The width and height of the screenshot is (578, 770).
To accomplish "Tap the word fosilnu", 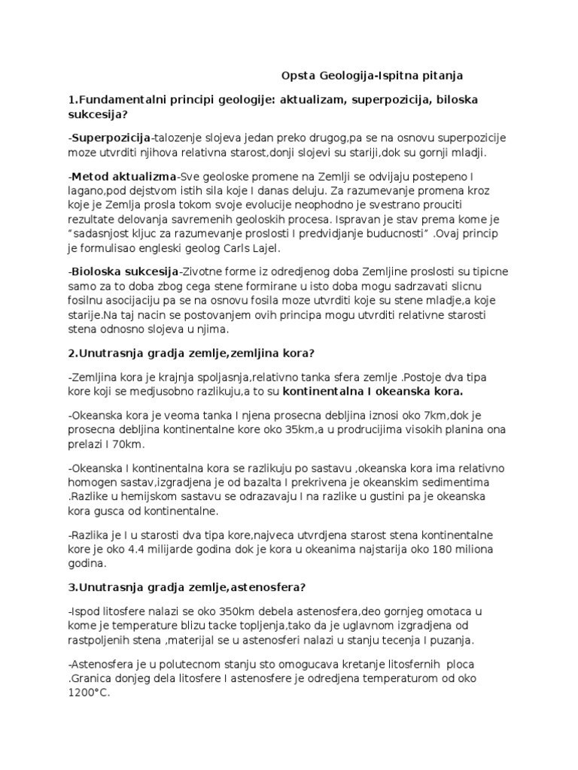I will pos(85,300).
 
